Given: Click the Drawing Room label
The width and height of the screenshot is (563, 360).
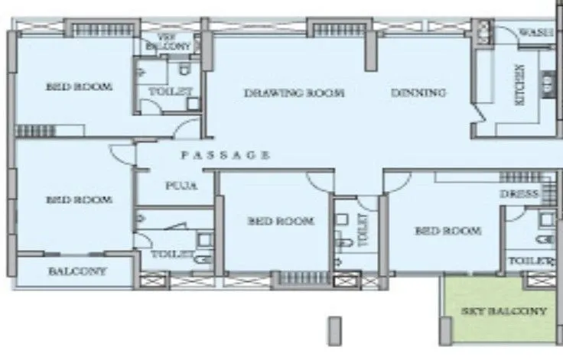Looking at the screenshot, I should tap(294, 93).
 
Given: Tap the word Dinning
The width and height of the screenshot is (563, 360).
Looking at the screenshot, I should tap(418, 93).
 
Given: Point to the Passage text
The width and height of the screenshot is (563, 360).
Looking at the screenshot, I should tap(225, 155).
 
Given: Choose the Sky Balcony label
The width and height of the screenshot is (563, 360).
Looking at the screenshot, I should tap(505, 311).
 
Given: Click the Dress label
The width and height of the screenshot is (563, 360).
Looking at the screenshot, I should tap(519, 194).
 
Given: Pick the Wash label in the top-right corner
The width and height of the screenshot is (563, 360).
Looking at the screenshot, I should tap(536, 32).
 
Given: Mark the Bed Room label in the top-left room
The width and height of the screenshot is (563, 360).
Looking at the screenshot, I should tap(79, 86).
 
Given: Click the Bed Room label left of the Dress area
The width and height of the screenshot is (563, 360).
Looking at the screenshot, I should tap(447, 231).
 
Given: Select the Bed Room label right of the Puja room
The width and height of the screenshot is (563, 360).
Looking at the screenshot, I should tap(281, 221).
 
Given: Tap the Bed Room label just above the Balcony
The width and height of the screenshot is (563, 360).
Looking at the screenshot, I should tap(79, 199).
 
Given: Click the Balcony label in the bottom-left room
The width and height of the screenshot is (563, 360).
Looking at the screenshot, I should tap(77, 271).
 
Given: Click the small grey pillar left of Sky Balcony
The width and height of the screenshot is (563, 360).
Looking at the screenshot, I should tap(334, 329).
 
